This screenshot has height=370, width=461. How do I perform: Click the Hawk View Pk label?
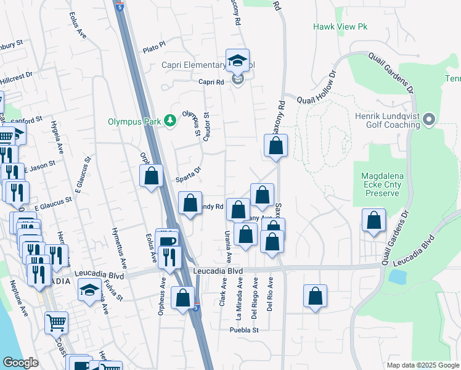[340, 27]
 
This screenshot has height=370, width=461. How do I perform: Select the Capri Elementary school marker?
[237, 62]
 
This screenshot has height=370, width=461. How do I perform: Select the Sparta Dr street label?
[189, 171]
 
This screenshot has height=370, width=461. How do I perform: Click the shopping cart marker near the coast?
[56, 323]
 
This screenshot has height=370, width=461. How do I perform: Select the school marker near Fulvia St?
[89, 290]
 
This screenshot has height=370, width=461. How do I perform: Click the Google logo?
[20, 363]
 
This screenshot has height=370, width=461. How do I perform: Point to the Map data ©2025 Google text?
[422, 365]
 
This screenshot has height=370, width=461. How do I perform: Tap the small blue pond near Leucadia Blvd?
[398, 277]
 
